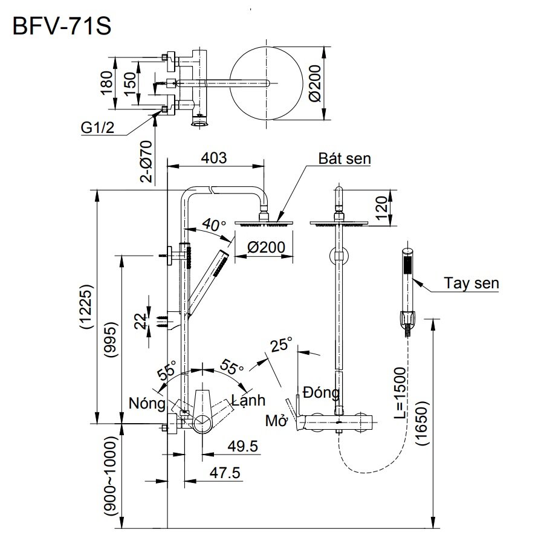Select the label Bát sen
[345, 159]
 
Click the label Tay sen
[471, 282]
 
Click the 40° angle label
[214, 225]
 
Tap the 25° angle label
[281, 345]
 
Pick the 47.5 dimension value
[224, 472]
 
